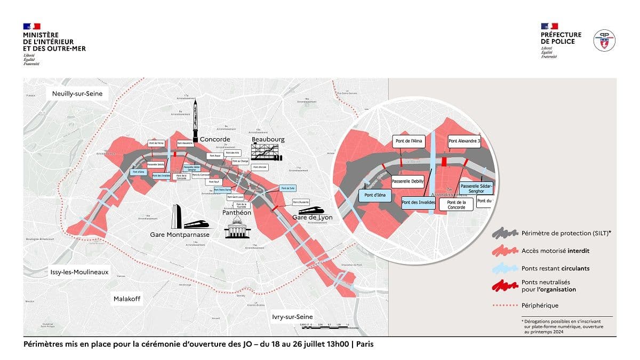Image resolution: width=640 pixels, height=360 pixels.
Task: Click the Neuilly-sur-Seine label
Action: coord(80,94)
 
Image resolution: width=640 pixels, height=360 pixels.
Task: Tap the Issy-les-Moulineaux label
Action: coord(80,272)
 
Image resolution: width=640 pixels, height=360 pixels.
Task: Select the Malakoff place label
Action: coord(127,299)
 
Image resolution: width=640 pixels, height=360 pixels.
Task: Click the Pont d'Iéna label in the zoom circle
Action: coord(375,196)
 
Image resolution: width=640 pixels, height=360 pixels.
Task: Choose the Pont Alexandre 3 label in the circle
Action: coord(465,142)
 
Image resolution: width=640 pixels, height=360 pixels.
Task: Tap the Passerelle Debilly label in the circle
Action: coord(407,181)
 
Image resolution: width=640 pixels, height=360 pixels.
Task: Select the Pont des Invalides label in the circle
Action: coord(419,202)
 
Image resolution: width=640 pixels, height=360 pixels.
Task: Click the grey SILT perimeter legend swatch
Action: coord(505,234)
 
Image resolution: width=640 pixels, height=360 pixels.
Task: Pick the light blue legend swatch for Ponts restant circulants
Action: coord(505,268)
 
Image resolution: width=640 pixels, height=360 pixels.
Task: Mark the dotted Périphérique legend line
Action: coord(505,306)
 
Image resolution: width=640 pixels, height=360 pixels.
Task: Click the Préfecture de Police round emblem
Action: coord(604,41)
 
